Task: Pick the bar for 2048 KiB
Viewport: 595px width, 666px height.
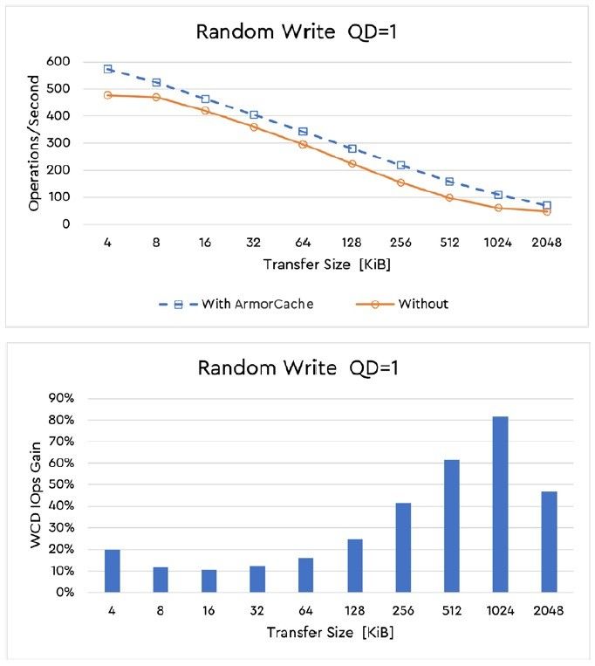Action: point(548,542)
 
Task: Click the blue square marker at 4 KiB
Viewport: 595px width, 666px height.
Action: point(108,68)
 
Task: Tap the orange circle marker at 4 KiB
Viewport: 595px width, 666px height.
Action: point(108,94)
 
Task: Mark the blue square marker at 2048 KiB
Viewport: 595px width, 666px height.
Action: point(547,205)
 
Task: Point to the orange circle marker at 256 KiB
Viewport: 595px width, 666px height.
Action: point(400,182)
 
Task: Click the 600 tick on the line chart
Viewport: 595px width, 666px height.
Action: point(58,60)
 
